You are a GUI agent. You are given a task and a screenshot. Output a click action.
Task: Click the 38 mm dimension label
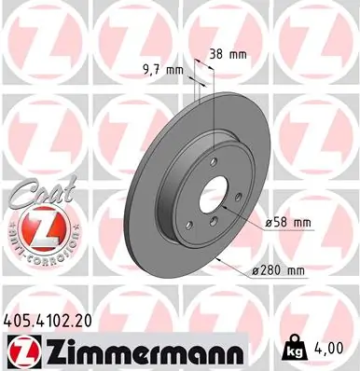point(229,54)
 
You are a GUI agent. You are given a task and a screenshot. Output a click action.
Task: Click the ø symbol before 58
point(269,223)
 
